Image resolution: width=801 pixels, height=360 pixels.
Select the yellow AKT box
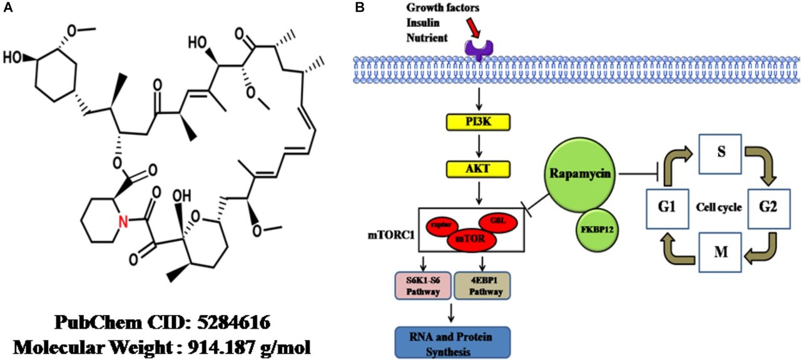coord(479,168)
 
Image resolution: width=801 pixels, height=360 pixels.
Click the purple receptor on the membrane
coord(479,48)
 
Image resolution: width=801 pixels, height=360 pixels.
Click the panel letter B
coord(359,8)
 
